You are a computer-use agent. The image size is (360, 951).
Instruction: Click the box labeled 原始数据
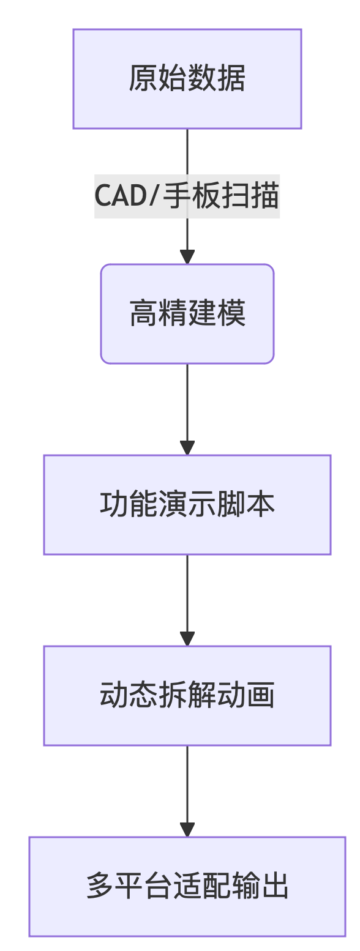click(187, 78)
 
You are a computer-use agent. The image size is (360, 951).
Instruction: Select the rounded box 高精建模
click(187, 314)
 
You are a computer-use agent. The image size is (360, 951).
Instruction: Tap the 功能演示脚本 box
click(187, 505)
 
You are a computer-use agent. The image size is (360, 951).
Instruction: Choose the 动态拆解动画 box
click(187, 696)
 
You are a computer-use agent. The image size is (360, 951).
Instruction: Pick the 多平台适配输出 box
click(187, 887)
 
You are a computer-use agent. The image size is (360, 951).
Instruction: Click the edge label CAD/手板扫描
click(187, 196)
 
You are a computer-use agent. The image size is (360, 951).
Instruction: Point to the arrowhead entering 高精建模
click(187, 257)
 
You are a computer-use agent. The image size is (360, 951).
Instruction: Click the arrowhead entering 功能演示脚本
click(187, 448)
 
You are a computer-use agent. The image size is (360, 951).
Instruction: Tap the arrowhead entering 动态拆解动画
click(187, 639)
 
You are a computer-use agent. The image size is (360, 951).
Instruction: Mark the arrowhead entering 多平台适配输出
click(187, 830)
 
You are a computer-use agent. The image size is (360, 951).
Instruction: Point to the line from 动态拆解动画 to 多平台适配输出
click(187, 783)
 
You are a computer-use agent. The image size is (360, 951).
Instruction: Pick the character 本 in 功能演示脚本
click(261, 505)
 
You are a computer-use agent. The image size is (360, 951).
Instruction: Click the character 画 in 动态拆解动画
click(261, 696)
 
